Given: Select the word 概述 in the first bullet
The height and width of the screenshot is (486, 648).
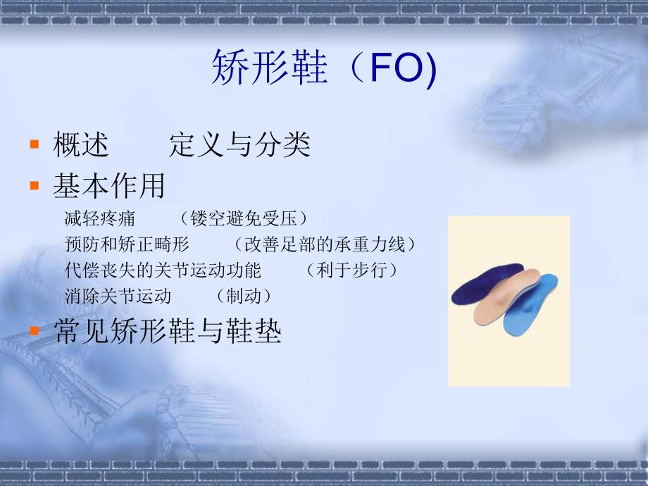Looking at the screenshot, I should click(81, 146).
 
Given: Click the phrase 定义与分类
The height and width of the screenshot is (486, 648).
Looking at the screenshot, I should click(240, 146).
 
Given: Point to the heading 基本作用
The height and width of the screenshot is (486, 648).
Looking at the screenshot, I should click(109, 186).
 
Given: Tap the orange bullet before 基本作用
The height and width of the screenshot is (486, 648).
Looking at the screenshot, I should click(34, 185).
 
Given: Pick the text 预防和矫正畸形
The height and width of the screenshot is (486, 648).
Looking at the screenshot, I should click(127, 245).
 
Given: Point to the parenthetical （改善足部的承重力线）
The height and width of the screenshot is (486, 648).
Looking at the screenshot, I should click(325, 245).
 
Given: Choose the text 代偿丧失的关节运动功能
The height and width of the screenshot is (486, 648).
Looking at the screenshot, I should click(163, 270).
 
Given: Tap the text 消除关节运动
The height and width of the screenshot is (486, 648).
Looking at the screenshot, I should click(118, 296).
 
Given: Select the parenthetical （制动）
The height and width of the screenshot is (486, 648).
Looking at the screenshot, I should click(244, 296).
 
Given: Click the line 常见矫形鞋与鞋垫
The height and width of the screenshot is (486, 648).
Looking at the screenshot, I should click(168, 332).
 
